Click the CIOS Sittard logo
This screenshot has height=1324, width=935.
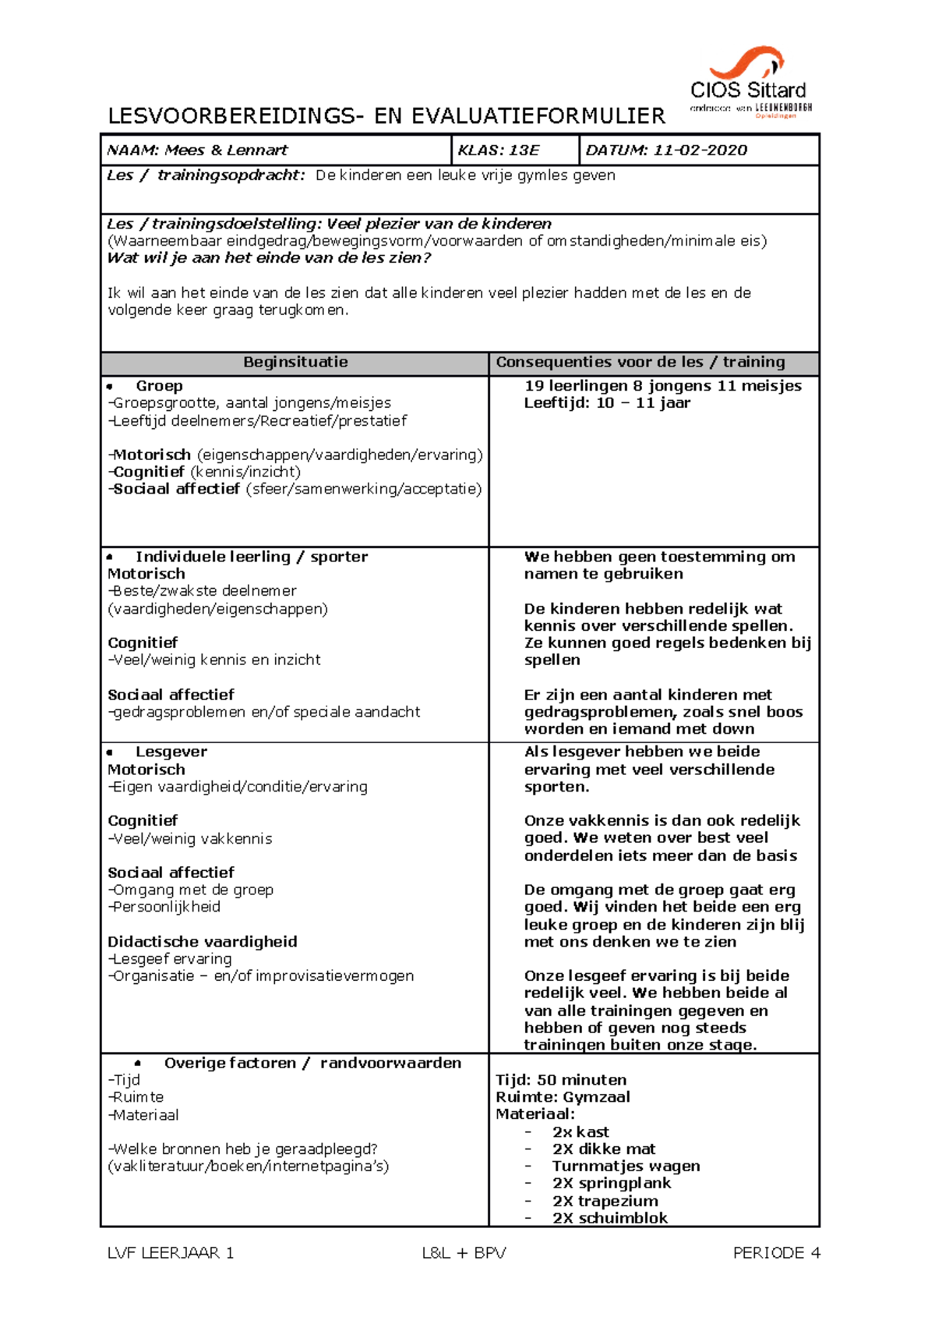point(750,83)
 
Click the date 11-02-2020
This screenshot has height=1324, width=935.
point(700,150)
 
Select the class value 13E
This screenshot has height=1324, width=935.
point(520,150)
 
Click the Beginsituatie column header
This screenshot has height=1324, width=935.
point(295,362)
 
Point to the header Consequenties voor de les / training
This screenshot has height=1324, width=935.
point(640,362)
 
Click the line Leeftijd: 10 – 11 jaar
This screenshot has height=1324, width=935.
point(607,403)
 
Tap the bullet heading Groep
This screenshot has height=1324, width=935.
point(159,386)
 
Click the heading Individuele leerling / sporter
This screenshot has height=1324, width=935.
point(251,557)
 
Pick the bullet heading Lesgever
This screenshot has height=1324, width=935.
point(171,752)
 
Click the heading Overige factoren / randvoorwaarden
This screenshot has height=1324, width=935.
point(312,1063)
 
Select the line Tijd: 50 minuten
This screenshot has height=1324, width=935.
point(561,1080)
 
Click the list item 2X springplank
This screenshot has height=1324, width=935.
point(612,1183)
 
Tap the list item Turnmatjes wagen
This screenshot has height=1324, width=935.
point(626,1166)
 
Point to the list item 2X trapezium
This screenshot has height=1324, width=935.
point(605,1201)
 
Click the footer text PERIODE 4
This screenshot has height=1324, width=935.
point(776,1253)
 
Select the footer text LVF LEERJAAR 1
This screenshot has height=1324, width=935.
point(171,1253)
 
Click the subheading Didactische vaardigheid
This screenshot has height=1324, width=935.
point(203,941)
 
